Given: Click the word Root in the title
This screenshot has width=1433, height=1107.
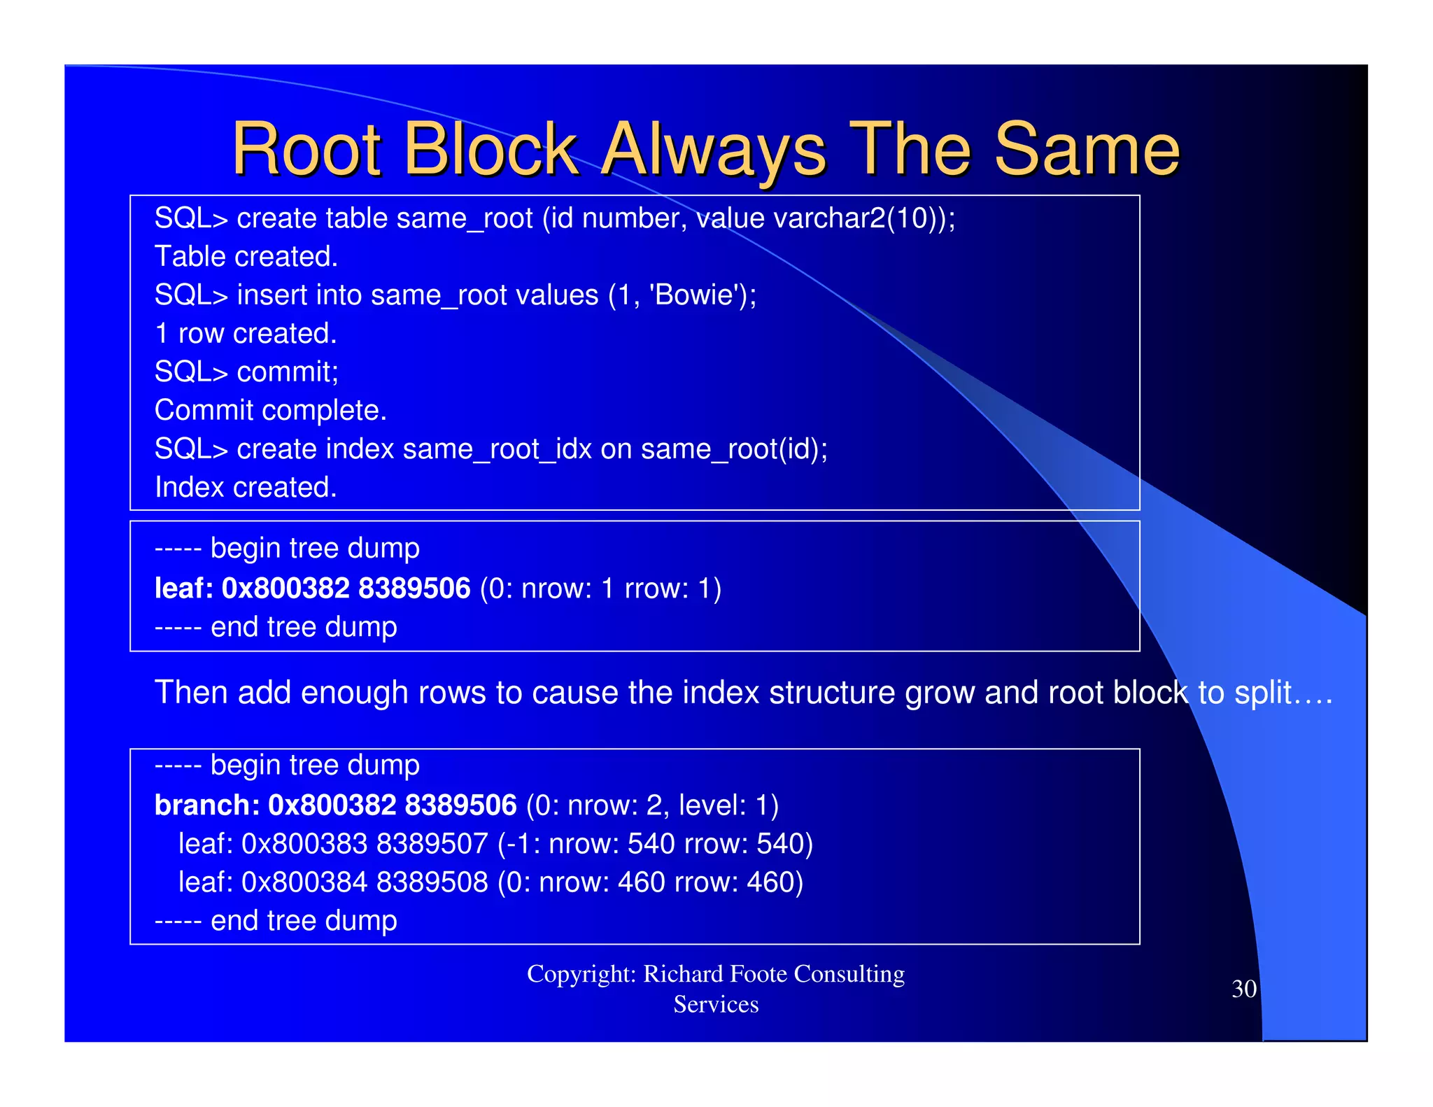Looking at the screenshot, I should pos(306,149).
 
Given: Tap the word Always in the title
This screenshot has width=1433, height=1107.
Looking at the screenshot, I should pos(714,149).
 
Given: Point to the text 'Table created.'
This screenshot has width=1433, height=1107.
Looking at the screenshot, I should pos(246,257).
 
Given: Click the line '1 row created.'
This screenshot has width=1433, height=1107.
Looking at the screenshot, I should pos(246,334).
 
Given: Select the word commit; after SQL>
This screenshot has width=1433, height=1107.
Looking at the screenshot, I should pos(288,372).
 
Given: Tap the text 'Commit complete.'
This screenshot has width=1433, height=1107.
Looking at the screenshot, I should pos(270,411).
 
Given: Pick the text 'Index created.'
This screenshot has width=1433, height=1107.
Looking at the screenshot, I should pos(246,488).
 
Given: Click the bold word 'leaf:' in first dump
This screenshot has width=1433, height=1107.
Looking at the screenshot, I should pos(183,588).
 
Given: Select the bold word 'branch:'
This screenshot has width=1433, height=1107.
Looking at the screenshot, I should pos(207,805).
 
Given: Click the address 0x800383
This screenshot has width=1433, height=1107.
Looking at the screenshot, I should pos(304,844).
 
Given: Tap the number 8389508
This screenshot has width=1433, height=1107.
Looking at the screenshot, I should pos(432,882).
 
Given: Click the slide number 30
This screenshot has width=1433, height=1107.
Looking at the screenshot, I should pos(1244,989).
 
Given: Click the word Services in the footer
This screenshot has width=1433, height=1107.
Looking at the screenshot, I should pos(716,1005).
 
